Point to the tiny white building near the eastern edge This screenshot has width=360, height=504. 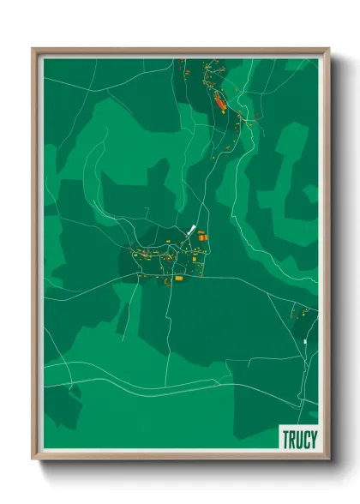pos(305,342)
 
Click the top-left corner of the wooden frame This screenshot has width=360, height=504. pos(33,49)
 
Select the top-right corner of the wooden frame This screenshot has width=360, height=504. pos(328,49)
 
